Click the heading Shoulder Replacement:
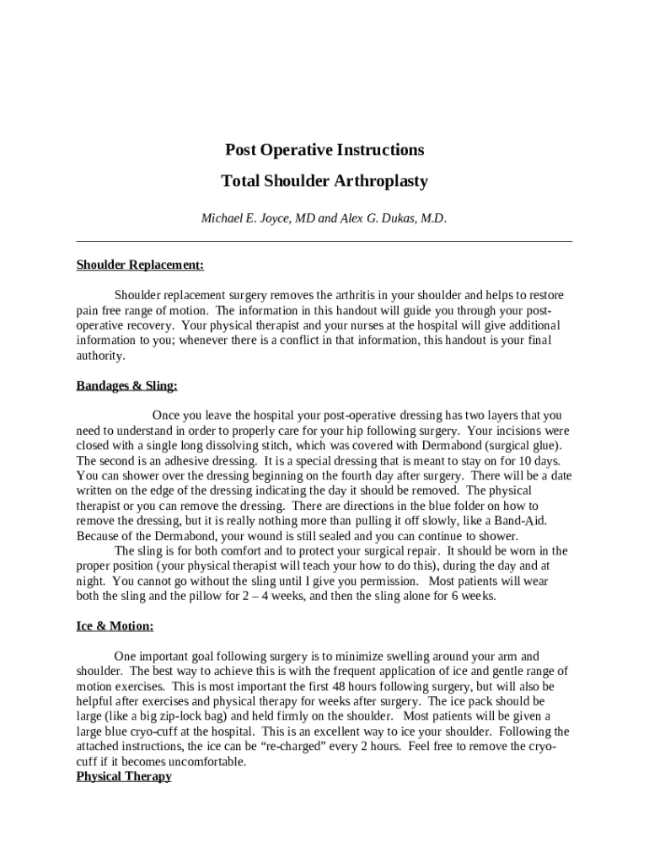140,265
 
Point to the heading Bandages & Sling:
127,386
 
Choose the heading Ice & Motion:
115,626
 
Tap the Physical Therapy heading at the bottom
124,776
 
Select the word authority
99,356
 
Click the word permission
389,581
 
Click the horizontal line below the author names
324,242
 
